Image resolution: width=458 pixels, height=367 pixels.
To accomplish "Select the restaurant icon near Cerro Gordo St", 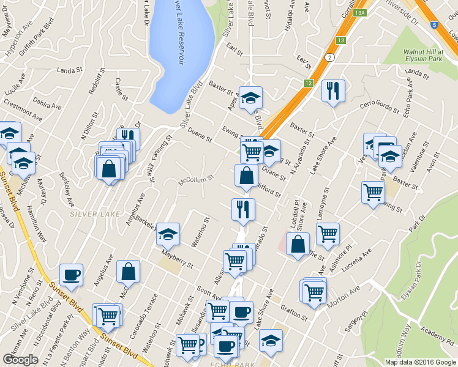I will coord(333,91).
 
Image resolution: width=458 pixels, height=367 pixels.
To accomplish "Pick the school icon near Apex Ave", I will coord(250,98).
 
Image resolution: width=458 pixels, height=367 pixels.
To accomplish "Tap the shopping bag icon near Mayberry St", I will coord(128,272).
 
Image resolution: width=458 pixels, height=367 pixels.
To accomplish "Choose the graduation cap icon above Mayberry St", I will coord(168,234).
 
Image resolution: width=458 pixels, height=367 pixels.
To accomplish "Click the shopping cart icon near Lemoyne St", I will coord(328,234).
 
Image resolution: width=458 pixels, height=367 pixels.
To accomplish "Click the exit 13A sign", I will coord(360,12).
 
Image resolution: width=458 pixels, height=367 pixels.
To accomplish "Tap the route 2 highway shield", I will coord(330,57).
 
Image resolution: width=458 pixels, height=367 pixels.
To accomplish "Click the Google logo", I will coord(20,360).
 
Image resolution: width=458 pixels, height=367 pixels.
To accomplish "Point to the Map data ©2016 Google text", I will coord(420,362).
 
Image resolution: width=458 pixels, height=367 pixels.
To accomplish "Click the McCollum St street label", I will coord(195,180).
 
